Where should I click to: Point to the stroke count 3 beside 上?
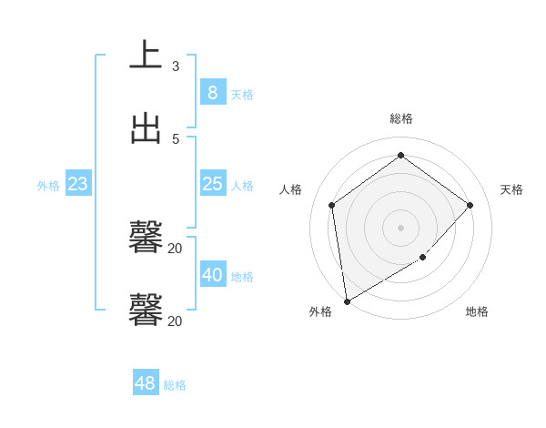(x=176, y=66)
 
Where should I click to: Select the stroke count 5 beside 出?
(x=176, y=138)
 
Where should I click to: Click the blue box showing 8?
(x=212, y=93)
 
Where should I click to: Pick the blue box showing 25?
(x=212, y=184)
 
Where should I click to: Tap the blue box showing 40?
(x=212, y=275)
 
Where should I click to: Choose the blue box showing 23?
(x=78, y=184)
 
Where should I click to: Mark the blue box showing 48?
(x=146, y=383)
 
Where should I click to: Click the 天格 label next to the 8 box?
(x=242, y=95)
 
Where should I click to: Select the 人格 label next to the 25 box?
(x=242, y=186)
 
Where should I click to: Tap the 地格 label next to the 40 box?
(x=242, y=277)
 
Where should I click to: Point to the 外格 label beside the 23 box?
(x=48, y=186)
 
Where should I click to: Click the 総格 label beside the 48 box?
(x=175, y=385)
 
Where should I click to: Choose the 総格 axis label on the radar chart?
(x=401, y=118)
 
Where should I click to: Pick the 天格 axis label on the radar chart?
(x=511, y=189)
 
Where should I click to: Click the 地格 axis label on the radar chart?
(x=477, y=311)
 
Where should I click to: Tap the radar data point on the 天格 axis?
(x=470, y=205)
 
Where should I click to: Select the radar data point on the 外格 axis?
(x=347, y=301)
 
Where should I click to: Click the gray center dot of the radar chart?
(x=400, y=227)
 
